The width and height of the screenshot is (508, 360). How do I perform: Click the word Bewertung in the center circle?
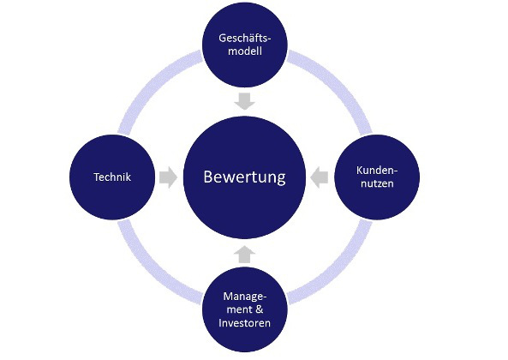[245, 177]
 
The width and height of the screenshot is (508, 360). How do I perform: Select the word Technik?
[112, 177]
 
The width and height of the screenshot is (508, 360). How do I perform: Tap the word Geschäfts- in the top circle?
[245, 38]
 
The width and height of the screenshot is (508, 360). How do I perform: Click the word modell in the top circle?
[245, 51]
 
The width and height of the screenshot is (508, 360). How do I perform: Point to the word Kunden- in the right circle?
[377, 170]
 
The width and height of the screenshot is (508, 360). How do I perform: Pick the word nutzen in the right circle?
[377, 183]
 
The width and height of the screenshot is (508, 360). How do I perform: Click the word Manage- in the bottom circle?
[245, 297]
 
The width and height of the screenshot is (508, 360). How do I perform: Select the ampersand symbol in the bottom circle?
[260, 309]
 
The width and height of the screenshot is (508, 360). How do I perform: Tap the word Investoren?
[245, 323]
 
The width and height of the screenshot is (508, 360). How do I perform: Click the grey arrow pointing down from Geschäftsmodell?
[245, 101]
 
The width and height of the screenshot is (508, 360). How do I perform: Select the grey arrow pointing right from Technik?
[168, 177]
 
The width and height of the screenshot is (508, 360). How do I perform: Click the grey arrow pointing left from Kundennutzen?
[320, 177]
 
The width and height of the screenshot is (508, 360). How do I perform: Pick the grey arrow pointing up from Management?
[245, 254]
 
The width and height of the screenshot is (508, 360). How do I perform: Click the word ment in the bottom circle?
[240, 309]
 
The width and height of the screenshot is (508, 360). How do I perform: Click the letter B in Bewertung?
[208, 177]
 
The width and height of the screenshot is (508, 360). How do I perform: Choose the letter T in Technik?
[97, 177]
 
